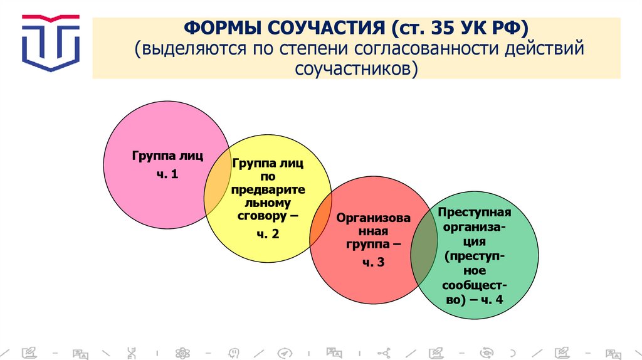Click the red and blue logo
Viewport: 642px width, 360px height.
click(x=51, y=41)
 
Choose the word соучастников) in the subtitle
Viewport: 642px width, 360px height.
click(x=355, y=68)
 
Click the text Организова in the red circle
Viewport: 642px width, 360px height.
click(x=374, y=218)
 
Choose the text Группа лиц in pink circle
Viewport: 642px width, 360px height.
click(x=167, y=154)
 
